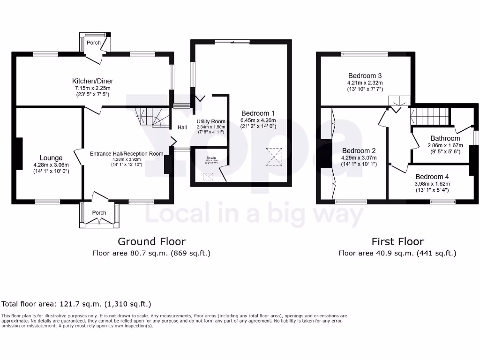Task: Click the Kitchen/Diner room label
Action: tap(92, 81)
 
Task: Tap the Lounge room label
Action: tap(51, 158)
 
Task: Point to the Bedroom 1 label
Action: tap(258, 113)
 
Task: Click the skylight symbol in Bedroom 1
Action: tap(274, 157)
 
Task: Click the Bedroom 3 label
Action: tap(365, 76)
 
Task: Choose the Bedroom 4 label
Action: tap(432, 177)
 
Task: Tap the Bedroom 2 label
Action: tap(359, 151)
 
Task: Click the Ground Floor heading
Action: tap(151, 242)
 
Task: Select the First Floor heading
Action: tap(397, 242)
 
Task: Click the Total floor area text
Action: tap(76, 304)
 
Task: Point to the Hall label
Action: tap(182, 127)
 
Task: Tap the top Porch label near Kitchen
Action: tap(93, 43)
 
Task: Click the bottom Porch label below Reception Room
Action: tap(99, 213)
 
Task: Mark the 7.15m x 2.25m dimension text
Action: tap(92, 88)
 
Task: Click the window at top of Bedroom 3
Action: tap(365, 54)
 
